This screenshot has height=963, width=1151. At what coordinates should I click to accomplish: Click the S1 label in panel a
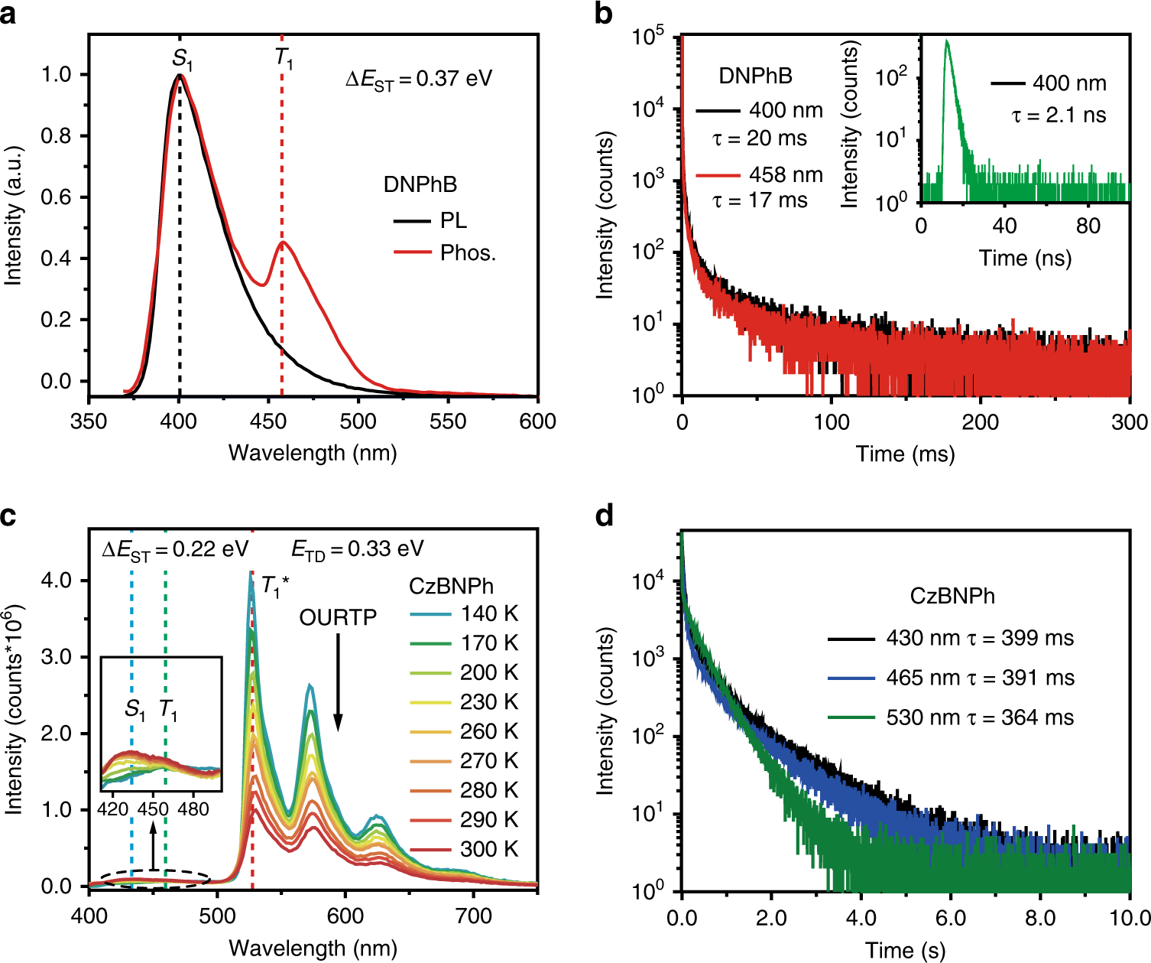182,59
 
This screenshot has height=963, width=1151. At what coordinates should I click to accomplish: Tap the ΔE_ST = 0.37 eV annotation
419,79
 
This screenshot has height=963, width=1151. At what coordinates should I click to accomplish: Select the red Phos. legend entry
444,252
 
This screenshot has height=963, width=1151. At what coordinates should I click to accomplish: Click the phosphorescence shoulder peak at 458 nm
283,242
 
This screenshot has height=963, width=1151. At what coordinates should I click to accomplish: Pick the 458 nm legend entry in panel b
759,174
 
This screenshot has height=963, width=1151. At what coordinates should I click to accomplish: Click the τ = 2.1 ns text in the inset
1059,115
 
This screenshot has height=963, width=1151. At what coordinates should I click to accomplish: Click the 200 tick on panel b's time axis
981,422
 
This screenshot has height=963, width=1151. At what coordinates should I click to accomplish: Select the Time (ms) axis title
906,454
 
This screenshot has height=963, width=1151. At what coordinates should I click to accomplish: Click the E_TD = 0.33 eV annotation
358,549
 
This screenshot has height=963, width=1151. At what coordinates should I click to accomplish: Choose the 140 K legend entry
464,613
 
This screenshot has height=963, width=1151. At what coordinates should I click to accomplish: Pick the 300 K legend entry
464,849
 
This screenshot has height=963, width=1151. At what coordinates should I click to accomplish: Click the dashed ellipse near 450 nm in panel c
155,880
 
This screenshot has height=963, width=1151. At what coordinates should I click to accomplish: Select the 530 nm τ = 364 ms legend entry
951,717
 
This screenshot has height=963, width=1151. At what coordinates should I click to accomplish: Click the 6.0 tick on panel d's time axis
951,917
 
